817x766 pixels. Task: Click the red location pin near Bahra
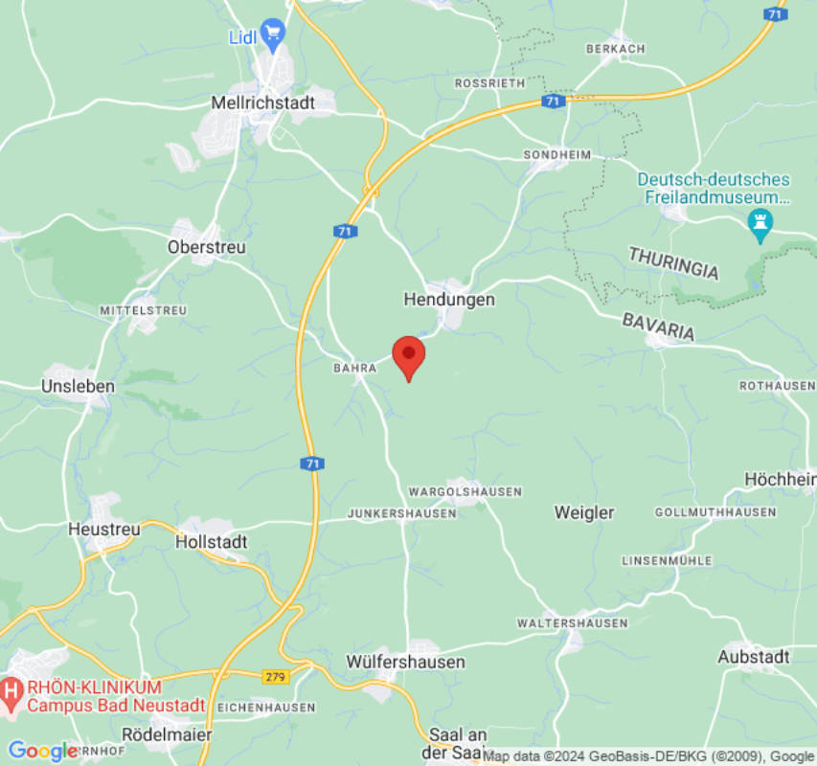(x=409, y=356)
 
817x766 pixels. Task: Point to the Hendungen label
(x=449, y=300)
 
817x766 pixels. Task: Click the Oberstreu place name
(x=207, y=247)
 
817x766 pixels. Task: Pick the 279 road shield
(x=275, y=677)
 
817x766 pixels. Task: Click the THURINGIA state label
(x=673, y=263)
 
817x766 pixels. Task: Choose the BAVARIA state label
(x=658, y=327)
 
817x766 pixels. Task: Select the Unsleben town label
(x=79, y=387)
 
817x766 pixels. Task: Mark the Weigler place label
(x=584, y=513)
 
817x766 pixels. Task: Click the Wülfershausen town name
(x=406, y=663)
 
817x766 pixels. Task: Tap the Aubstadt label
(x=755, y=657)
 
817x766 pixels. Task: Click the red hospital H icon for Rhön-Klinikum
(x=12, y=688)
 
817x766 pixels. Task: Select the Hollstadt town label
(x=212, y=542)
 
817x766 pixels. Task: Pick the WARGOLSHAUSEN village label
(x=465, y=492)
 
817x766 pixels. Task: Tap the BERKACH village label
(x=615, y=49)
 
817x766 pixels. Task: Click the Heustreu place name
(x=104, y=529)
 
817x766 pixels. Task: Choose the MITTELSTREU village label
(x=144, y=311)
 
